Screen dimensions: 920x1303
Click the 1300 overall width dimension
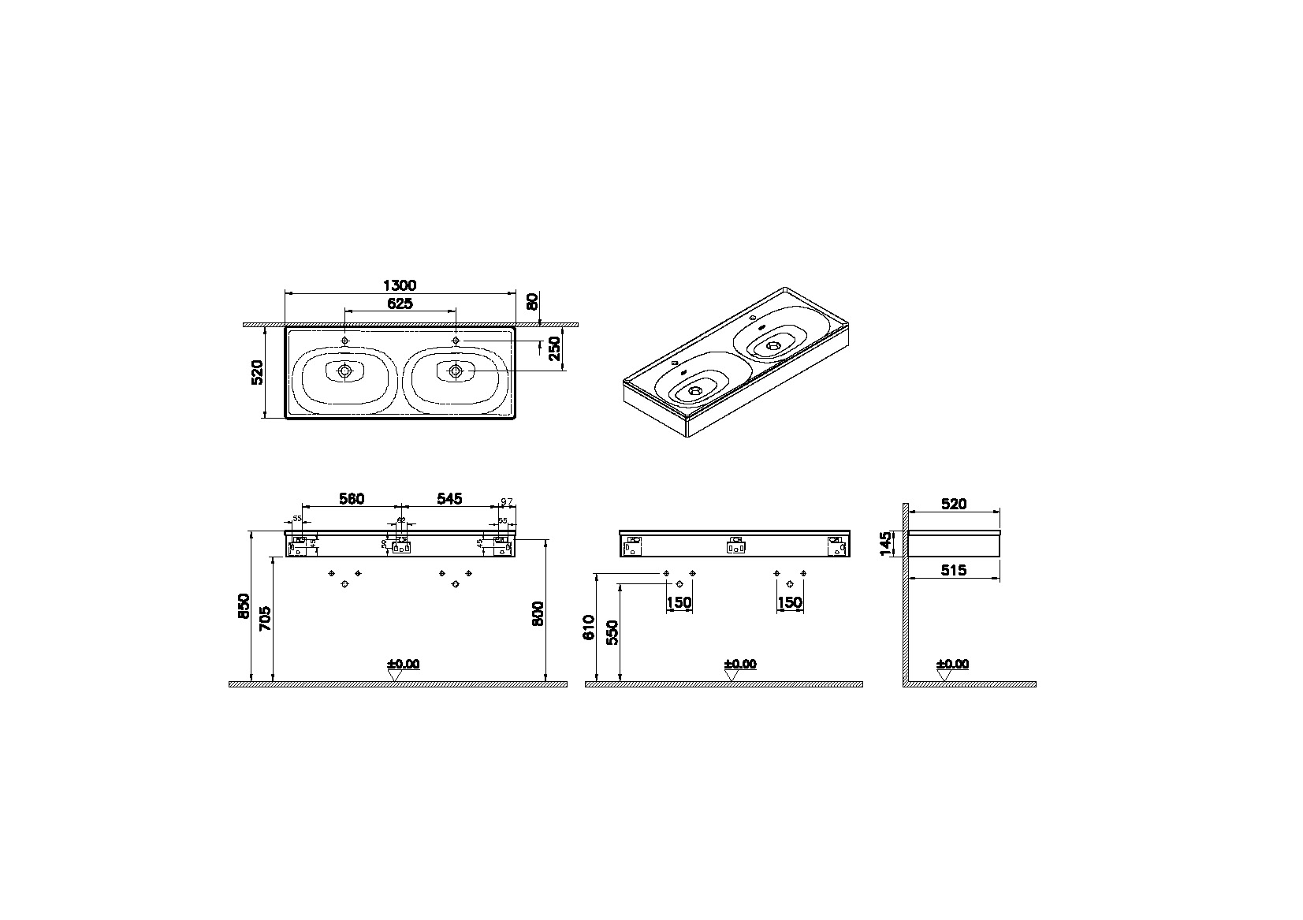point(400,285)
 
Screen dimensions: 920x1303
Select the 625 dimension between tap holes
point(400,304)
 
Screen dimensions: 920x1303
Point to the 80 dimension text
point(532,301)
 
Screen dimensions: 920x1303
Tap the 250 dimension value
point(554,348)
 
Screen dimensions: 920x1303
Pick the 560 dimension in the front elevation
point(352,498)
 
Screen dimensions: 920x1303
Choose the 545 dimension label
point(449,498)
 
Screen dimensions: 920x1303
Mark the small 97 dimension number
point(507,501)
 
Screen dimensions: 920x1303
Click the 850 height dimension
point(243,605)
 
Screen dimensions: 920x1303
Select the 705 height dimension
point(265,618)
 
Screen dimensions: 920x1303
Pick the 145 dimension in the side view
point(886,543)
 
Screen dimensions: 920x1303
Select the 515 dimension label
point(954,570)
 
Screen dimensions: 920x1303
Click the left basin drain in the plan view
point(344,371)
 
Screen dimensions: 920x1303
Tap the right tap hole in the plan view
point(456,340)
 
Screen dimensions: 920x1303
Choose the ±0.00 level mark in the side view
point(952,665)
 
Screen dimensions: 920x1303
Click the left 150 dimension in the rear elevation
point(679,603)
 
